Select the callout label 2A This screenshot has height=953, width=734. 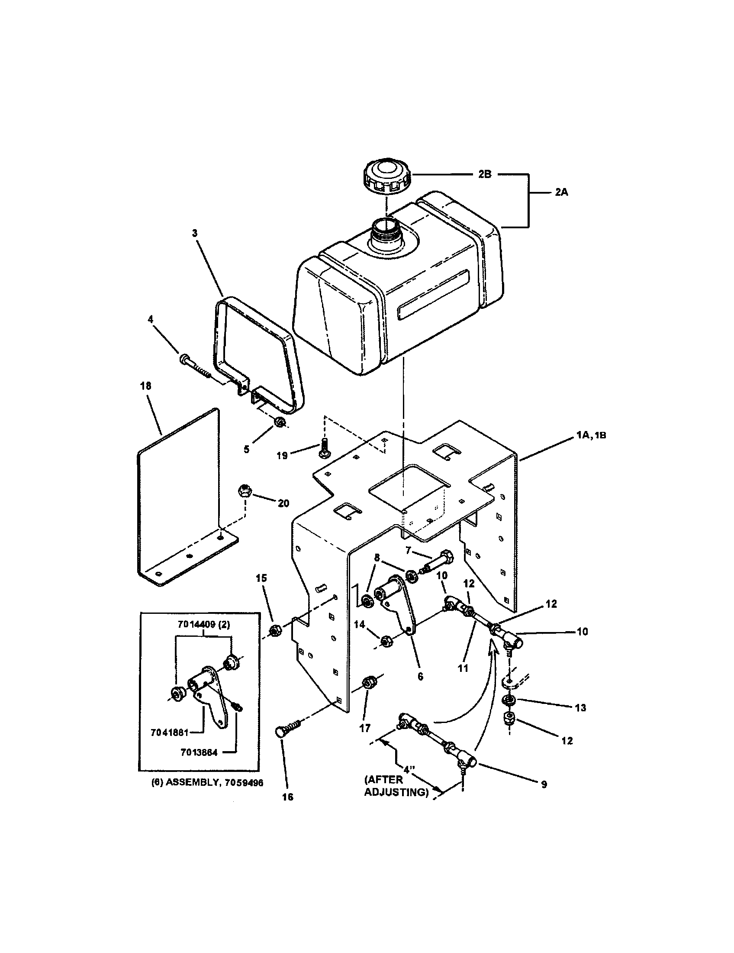point(561,192)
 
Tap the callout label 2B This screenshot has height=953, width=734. point(484,174)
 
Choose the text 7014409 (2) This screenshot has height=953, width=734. point(204,624)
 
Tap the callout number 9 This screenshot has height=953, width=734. point(544,784)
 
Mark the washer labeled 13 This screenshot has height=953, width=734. point(507,701)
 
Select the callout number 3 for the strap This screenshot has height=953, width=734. point(195,233)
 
